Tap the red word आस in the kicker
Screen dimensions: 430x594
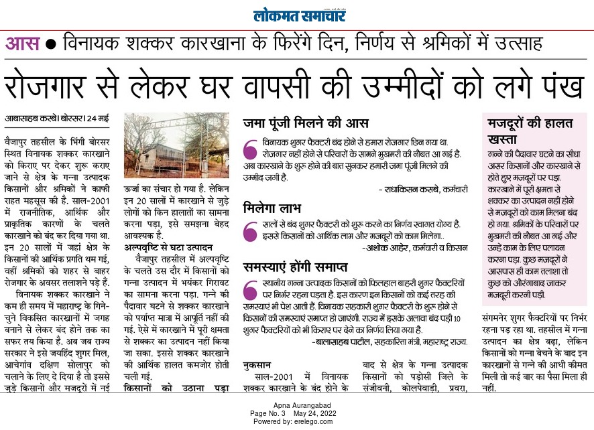pos(22,45)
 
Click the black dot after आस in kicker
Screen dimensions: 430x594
pos(51,45)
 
